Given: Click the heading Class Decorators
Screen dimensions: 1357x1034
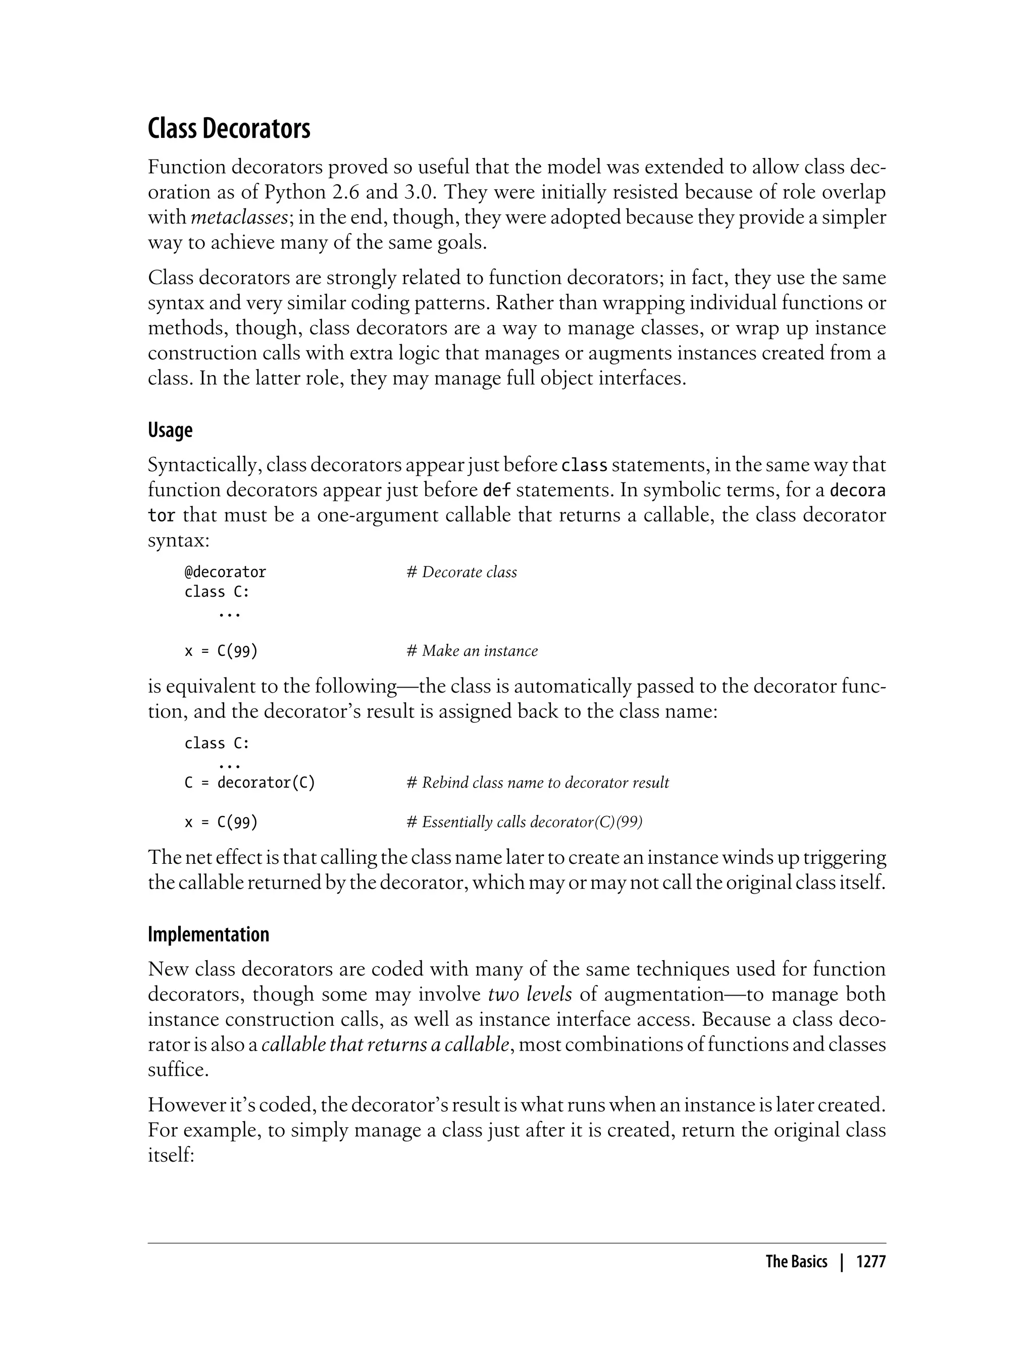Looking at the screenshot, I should coord(229,129).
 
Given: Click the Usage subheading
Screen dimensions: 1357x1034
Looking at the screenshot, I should coord(170,430).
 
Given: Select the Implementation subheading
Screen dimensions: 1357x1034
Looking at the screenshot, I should coord(208,934).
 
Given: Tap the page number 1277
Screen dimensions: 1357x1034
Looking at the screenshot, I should coord(870,1262).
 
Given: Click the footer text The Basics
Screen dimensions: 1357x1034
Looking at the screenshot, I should coord(796,1262).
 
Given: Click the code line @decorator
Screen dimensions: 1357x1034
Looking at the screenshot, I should coord(225,572).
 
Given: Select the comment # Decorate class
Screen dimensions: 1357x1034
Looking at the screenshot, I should coord(461,572).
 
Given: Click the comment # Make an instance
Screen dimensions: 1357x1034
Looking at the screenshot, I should coord(472,651).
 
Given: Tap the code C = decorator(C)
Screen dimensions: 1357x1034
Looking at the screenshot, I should coord(250,783).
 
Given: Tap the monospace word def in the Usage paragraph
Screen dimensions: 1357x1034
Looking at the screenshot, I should coord(497,491).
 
